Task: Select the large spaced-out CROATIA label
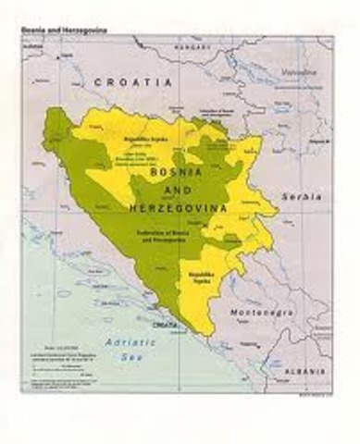coord(132,82)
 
